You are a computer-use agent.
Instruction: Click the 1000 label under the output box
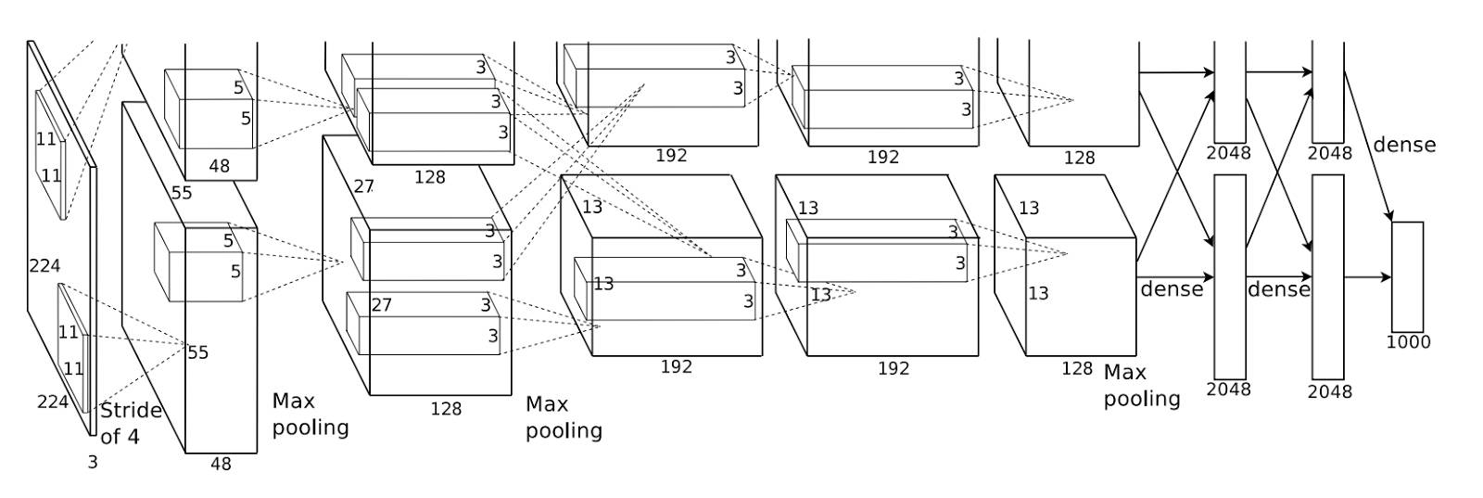[1408, 341]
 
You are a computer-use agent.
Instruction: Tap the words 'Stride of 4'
[131, 423]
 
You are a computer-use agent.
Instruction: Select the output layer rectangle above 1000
[1407, 276]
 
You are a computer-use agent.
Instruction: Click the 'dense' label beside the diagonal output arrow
[1404, 145]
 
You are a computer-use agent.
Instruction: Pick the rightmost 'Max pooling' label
[1141, 386]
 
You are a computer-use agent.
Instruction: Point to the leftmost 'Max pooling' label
[310, 415]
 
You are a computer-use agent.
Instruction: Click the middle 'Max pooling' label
[564, 417]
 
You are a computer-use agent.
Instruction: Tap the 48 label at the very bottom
[221, 464]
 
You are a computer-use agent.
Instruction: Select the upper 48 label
[220, 167]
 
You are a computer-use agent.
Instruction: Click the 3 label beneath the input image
[92, 461]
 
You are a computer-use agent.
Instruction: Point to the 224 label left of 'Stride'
[53, 402]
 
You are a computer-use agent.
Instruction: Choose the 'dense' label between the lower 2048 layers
[1278, 289]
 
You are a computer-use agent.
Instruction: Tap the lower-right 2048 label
[1329, 391]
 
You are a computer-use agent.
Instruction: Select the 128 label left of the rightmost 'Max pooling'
[1077, 368]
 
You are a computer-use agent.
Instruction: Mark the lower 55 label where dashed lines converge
[197, 352]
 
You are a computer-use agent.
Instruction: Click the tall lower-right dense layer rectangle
[1327, 275]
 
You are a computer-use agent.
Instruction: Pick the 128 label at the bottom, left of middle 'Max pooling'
[446, 408]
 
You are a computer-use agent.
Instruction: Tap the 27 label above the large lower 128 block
[363, 186]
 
